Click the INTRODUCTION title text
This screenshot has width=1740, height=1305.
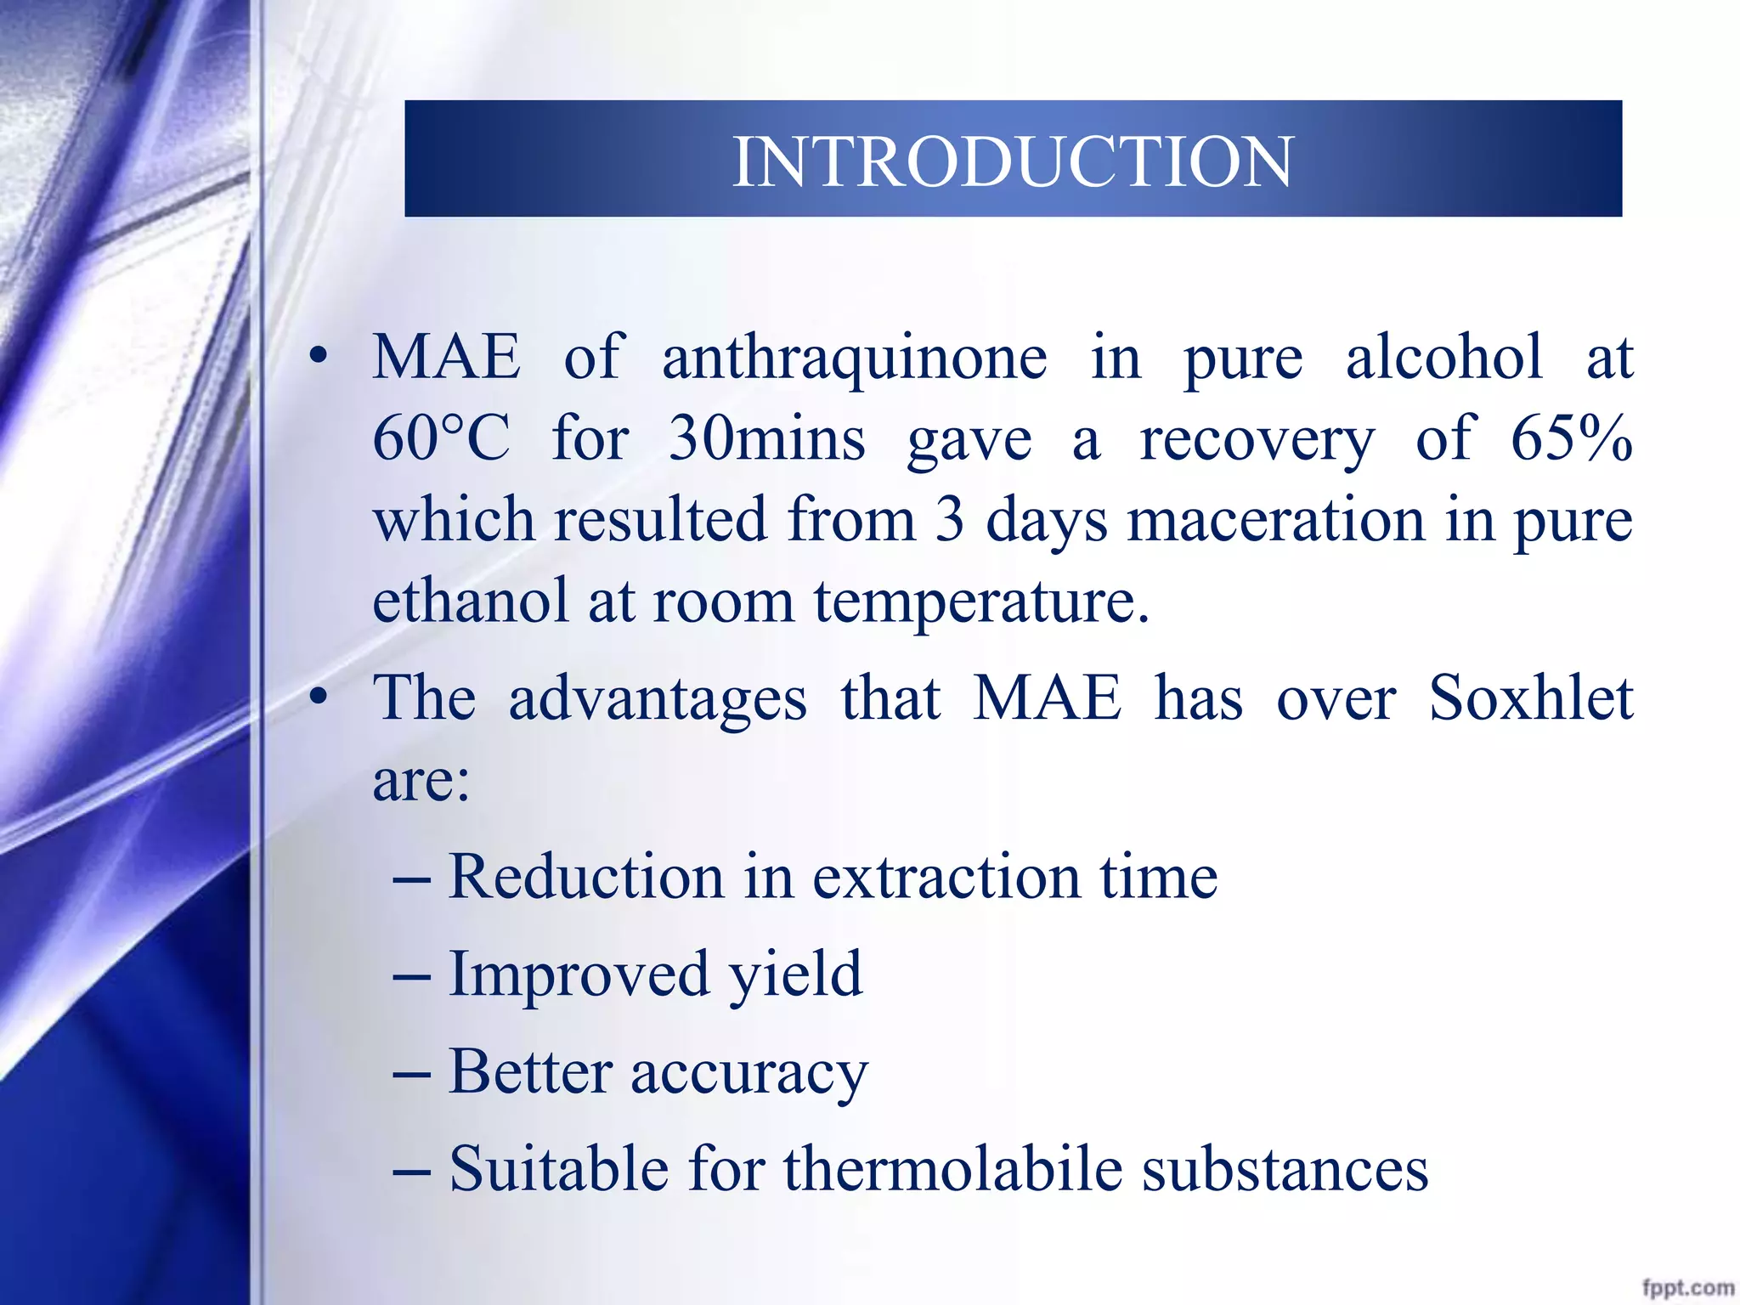1012,161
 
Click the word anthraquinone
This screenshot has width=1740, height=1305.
854,359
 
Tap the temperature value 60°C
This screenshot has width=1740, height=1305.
441,439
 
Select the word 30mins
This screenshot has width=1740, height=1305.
766,439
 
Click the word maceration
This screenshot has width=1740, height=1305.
1274,520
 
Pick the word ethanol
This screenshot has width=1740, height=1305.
470,601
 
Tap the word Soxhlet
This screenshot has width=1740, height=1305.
1530,698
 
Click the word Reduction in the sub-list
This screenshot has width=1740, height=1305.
585,877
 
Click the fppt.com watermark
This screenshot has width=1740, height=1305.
1687,1287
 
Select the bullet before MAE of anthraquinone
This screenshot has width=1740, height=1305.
319,357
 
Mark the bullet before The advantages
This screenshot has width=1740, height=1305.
319,698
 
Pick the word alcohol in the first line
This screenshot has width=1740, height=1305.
1443,357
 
